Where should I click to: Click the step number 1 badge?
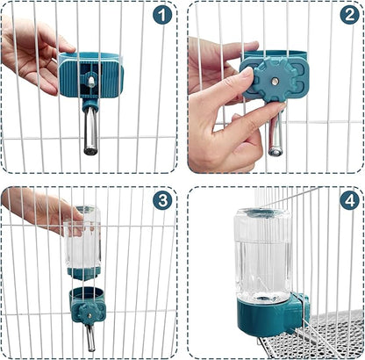pyautogui.click(x=162, y=15)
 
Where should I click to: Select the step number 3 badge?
pyautogui.click(x=162, y=200)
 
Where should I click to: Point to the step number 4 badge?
pyautogui.click(x=349, y=200)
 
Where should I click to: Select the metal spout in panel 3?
pyautogui.click(x=90, y=336)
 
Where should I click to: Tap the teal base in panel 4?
pyautogui.click(x=268, y=316)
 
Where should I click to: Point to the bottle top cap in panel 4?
pyautogui.click(x=263, y=213)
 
